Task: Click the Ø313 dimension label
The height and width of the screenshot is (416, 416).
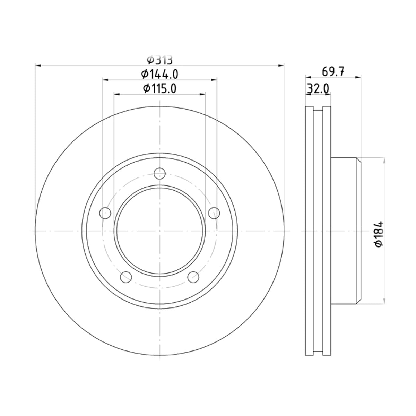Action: [x=160, y=60]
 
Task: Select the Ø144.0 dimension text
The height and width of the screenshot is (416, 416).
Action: [x=159, y=74]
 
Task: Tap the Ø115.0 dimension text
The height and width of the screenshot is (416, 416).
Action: [x=159, y=88]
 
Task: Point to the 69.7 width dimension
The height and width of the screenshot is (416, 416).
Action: [x=333, y=72]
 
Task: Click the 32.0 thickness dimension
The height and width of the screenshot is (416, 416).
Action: [x=318, y=88]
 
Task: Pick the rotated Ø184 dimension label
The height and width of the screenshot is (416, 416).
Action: [x=379, y=234]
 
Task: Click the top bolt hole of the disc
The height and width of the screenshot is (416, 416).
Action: [x=159, y=173]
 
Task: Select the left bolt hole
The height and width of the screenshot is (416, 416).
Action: [x=105, y=213]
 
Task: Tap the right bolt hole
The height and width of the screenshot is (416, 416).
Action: [x=214, y=213]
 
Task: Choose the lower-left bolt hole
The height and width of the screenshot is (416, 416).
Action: [x=126, y=277]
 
